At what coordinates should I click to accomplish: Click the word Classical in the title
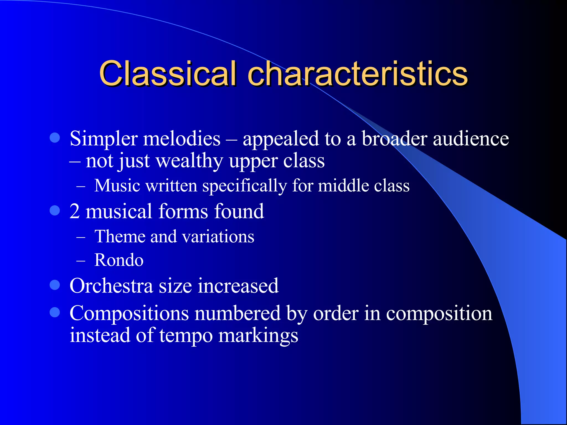[x=168, y=74]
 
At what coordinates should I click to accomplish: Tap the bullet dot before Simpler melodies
[x=55, y=138]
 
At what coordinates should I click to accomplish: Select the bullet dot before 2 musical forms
[x=55, y=210]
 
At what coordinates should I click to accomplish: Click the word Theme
[x=120, y=237]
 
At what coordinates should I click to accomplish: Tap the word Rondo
[x=119, y=260]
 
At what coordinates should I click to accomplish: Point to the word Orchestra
[x=111, y=286]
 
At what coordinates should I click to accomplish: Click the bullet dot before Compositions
[x=55, y=312]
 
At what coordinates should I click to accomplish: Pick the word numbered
[x=238, y=313]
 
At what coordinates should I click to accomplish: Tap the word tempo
[x=186, y=336]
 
